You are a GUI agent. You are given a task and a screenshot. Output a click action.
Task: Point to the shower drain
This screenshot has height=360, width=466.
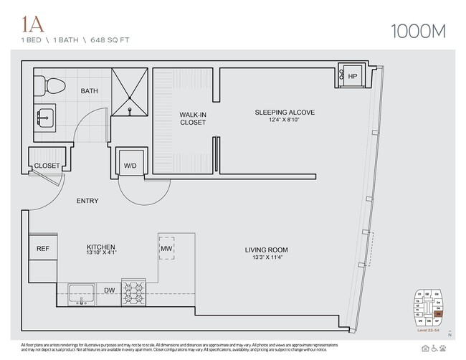(130, 111)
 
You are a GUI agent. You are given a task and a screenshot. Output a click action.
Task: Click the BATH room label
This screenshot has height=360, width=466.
(90, 91)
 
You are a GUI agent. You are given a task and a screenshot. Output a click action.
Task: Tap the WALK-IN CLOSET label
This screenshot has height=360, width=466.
(193, 118)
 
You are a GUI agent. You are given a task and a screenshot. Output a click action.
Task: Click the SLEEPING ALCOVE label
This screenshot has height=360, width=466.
(285, 113)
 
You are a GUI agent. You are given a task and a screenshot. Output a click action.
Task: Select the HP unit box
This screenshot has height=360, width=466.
(352, 76)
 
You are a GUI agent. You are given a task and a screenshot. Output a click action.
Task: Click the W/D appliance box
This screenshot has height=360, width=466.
(130, 164)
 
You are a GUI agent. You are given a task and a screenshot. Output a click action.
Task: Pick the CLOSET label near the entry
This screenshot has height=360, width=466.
(47, 166)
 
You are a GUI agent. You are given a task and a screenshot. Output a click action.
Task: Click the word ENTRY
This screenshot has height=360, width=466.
(87, 201)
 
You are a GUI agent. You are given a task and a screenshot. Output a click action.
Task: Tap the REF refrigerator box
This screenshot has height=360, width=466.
(43, 249)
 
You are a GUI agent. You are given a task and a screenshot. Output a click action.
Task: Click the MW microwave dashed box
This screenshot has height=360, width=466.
(167, 249)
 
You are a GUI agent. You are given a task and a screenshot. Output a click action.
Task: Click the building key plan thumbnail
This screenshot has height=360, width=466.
(427, 307)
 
